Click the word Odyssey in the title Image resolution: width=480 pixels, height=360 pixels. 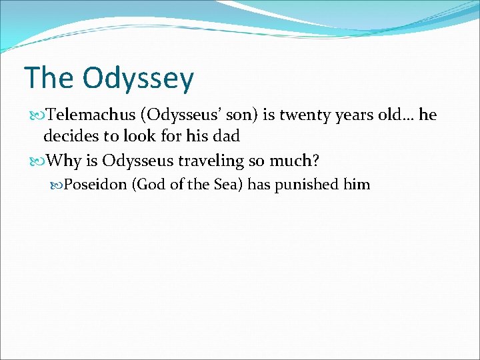[x=139, y=79]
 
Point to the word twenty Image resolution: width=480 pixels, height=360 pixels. [x=305, y=115]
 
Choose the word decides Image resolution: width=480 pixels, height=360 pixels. [x=70, y=137]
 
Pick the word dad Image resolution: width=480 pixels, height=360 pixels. [x=226, y=137]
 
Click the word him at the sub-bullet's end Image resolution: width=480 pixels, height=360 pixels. [x=356, y=184]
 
